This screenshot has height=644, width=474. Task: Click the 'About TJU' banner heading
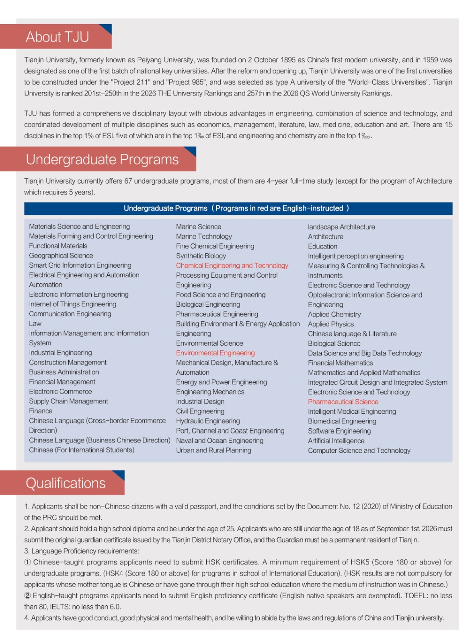pyautogui.click(x=57, y=37)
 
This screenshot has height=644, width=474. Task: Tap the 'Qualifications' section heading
pyautogui.click(x=66, y=483)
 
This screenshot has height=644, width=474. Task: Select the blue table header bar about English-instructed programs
pyautogui.click(x=238, y=208)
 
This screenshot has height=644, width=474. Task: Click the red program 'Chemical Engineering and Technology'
pyautogui.click(x=232, y=266)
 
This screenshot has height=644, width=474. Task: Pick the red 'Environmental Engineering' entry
pyautogui.click(x=215, y=353)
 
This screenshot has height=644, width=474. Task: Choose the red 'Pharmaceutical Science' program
pyautogui.click(x=343, y=402)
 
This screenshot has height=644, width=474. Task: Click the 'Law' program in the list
pyautogui.click(x=35, y=324)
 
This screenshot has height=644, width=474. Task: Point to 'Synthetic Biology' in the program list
pyautogui.click(x=201, y=256)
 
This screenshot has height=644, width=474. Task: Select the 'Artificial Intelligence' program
pyautogui.click(x=336, y=441)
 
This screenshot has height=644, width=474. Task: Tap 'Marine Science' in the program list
pyautogui.click(x=199, y=227)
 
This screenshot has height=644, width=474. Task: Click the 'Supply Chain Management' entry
pyautogui.click(x=68, y=401)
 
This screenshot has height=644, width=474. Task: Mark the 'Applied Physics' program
pyautogui.click(x=331, y=324)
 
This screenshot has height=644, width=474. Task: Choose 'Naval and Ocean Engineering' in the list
pyautogui.click(x=220, y=441)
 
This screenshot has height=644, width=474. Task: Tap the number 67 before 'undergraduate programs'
pyautogui.click(x=128, y=181)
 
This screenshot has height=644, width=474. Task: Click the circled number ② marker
pyautogui.click(x=27, y=596)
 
